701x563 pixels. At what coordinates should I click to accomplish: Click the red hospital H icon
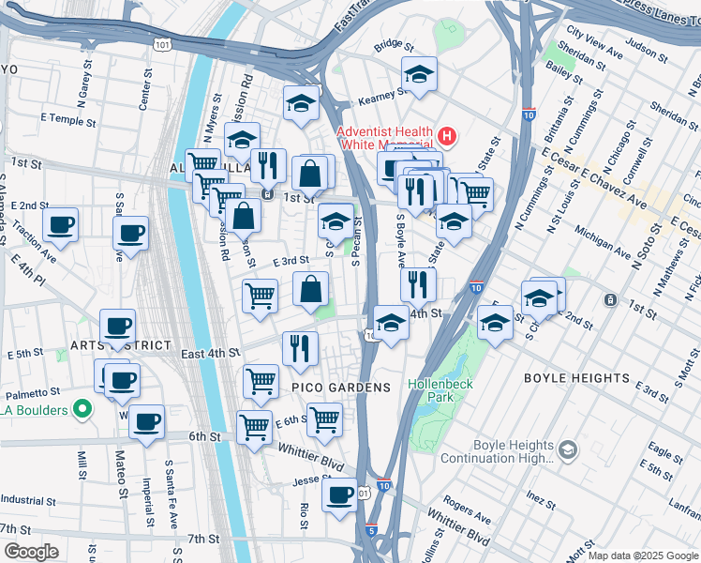click(x=447, y=137)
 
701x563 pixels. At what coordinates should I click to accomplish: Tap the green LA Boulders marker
click(x=82, y=408)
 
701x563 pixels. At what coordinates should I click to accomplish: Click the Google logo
click(x=31, y=552)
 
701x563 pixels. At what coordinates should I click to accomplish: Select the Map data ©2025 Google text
click(x=642, y=556)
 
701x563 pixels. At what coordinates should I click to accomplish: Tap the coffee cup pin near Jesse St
click(x=339, y=493)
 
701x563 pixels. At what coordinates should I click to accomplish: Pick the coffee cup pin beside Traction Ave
click(x=61, y=224)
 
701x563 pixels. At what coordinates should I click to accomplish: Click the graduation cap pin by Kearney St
click(x=419, y=74)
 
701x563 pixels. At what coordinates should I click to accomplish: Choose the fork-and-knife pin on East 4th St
click(x=300, y=348)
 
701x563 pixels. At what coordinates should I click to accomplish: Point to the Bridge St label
click(x=394, y=44)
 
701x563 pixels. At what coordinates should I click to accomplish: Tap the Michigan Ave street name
click(x=604, y=241)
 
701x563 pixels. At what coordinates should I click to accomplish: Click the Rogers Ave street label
click(x=467, y=508)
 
